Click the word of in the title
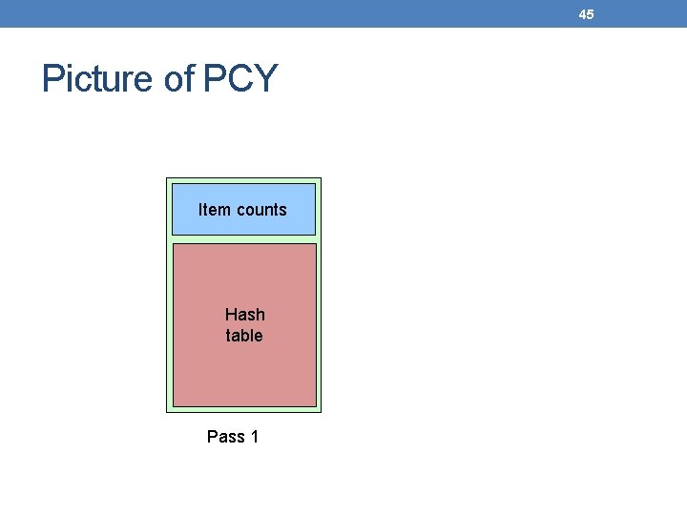click(179, 78)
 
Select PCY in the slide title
click(239, 78)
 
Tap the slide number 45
click(586, 14)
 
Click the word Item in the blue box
click(214, 210)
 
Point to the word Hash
click(245, 314)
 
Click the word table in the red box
click(244, 336)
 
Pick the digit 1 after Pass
click(254, 437)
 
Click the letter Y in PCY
click(264, 78)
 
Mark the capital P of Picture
click(52, 78)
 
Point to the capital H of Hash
click(231, 314)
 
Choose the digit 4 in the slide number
click(582, 14)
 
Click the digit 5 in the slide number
click(590, 14)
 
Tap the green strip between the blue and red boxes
click(244, 238)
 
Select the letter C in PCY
click(239, 78)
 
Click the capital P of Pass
click(213, 437)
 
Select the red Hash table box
click(244, 372)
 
